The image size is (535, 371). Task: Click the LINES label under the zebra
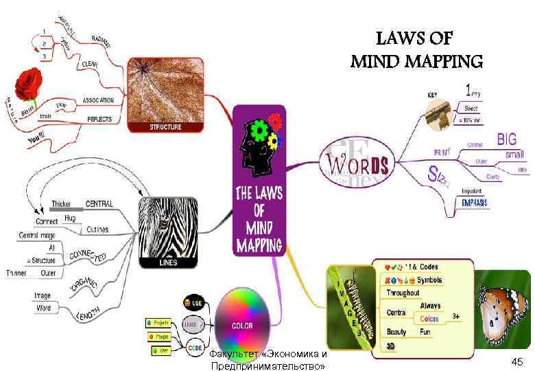click(x=167, y=262)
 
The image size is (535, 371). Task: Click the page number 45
click(x=516, y=362)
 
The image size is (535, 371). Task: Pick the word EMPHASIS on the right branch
click(x=475, y=202)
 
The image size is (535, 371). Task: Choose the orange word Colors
click(x=429, y=318)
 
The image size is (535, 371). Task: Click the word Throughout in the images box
click(x=403, y=293)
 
